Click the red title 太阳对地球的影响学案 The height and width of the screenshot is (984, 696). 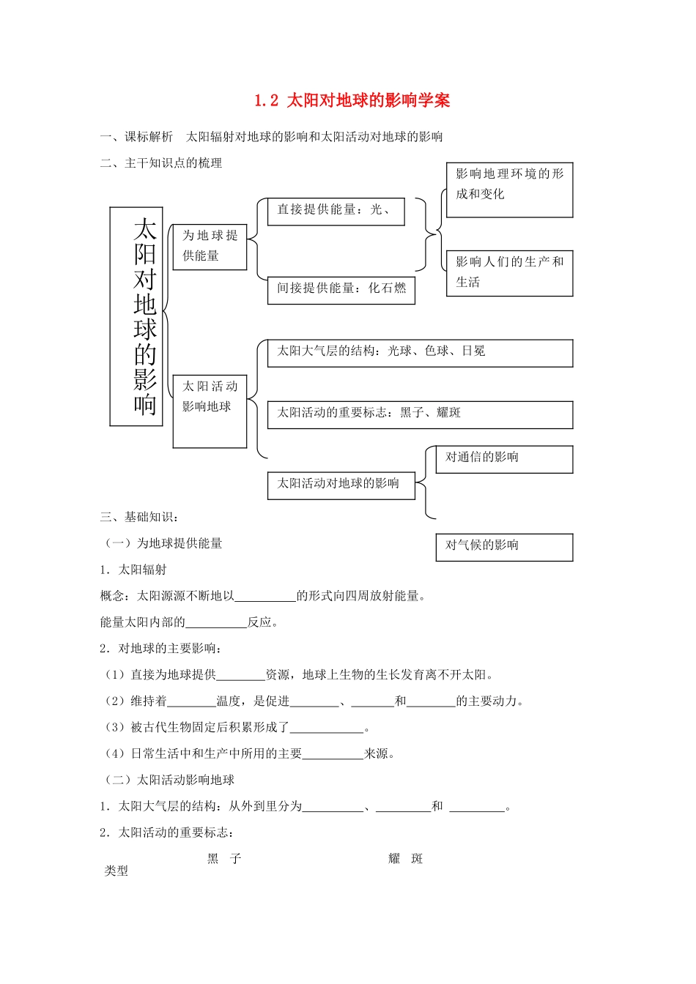352,100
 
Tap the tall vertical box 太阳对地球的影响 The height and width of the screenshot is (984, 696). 136,316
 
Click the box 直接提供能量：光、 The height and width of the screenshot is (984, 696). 336,211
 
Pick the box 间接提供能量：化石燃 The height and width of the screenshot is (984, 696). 341,289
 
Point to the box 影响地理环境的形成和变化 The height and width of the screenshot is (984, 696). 509,190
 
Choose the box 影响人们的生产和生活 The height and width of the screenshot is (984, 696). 509,273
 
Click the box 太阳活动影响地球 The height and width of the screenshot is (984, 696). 210,411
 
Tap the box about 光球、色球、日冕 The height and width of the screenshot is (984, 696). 420,353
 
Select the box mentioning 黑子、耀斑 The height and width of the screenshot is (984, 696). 420,414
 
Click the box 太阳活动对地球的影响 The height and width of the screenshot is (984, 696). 341,485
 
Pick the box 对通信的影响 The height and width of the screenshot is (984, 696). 504,459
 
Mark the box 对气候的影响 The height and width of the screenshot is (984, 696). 504,547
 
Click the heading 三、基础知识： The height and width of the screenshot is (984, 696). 139,517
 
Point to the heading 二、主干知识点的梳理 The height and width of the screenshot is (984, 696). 161,163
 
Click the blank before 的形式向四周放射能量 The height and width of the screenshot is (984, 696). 265,596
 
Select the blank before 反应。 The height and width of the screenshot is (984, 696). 216,622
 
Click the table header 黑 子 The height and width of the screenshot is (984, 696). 224,859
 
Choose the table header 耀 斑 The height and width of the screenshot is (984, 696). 406,859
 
